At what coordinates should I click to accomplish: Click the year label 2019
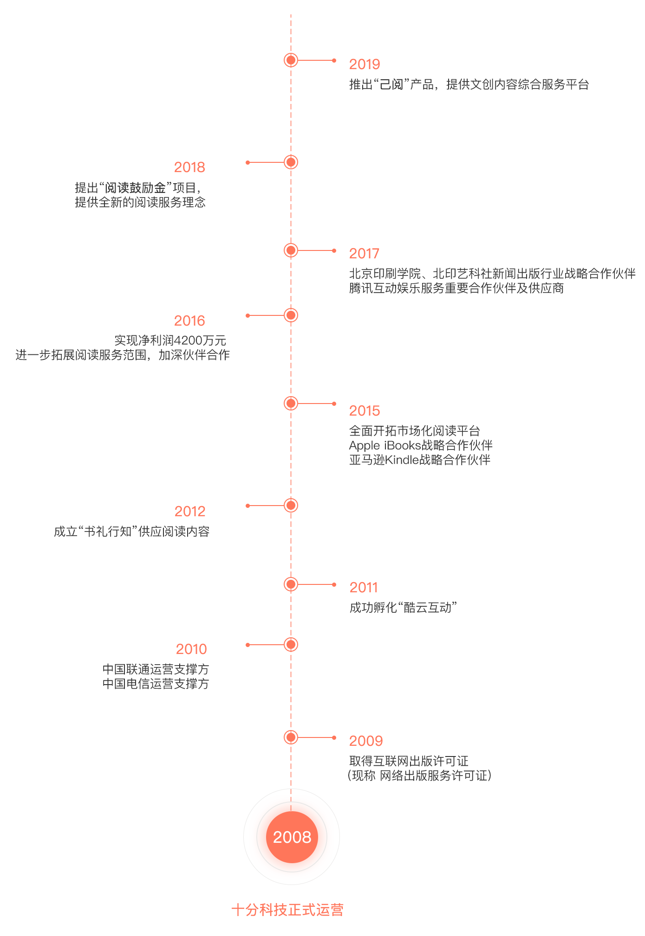365,64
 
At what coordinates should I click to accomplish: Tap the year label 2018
189,167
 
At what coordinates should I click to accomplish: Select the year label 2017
364,253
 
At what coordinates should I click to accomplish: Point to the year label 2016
189,321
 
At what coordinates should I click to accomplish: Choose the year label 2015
365,410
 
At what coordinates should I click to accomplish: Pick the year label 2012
190,511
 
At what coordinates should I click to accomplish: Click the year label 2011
364,587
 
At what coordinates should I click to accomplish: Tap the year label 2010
191,649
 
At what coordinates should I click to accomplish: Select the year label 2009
366,741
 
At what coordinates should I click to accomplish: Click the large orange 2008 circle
292,837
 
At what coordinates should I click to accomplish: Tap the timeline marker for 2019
291,60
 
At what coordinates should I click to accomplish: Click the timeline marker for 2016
291,315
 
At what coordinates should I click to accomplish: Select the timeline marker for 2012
291,506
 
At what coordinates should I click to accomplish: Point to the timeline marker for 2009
291,737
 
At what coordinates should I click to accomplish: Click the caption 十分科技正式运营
287,910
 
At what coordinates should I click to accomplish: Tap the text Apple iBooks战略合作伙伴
421,446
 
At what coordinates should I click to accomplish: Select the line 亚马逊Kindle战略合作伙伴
420,460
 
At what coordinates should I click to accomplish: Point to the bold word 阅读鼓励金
135,188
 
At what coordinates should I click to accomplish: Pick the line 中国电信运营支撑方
156,684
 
